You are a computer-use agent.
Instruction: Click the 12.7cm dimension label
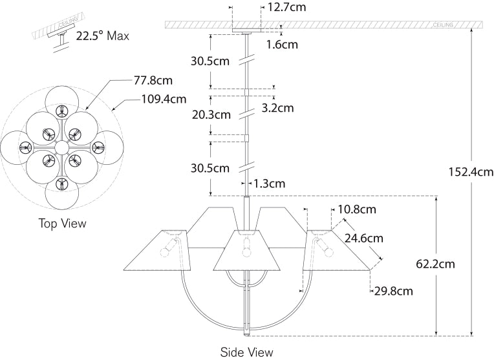(x=285, y=8)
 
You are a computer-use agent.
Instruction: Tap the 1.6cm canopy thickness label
(x=282, y=45)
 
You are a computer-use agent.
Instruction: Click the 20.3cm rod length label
(x=211, y=114)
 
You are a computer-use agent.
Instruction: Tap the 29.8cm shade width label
(x=393, y=291)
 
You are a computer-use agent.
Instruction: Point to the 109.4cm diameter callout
(x=164, y=100)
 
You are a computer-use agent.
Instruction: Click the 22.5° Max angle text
(x=102, y=36)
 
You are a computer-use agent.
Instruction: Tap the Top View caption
(x=62, y=223)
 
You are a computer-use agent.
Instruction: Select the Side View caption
(x=247, y=352)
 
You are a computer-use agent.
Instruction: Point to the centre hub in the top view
(x=61, y=148)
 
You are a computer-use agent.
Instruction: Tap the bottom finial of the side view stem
(x=247, y=334)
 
